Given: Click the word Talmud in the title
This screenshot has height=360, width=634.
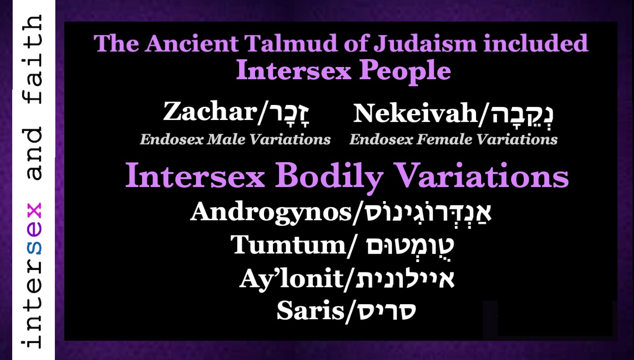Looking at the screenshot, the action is (x=291, y=43).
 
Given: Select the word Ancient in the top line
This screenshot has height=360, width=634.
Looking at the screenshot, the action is (x=192, y=43).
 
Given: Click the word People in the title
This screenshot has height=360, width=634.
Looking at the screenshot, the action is (x=405, y=71).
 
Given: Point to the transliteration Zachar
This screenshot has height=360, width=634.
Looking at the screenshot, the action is (x=210, y=112).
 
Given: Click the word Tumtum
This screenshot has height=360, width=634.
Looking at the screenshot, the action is (x=288, y=245).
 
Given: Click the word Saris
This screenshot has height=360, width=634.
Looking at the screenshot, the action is (x=310, y=311).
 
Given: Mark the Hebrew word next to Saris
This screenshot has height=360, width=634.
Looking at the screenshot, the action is (x=386, y=311).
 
